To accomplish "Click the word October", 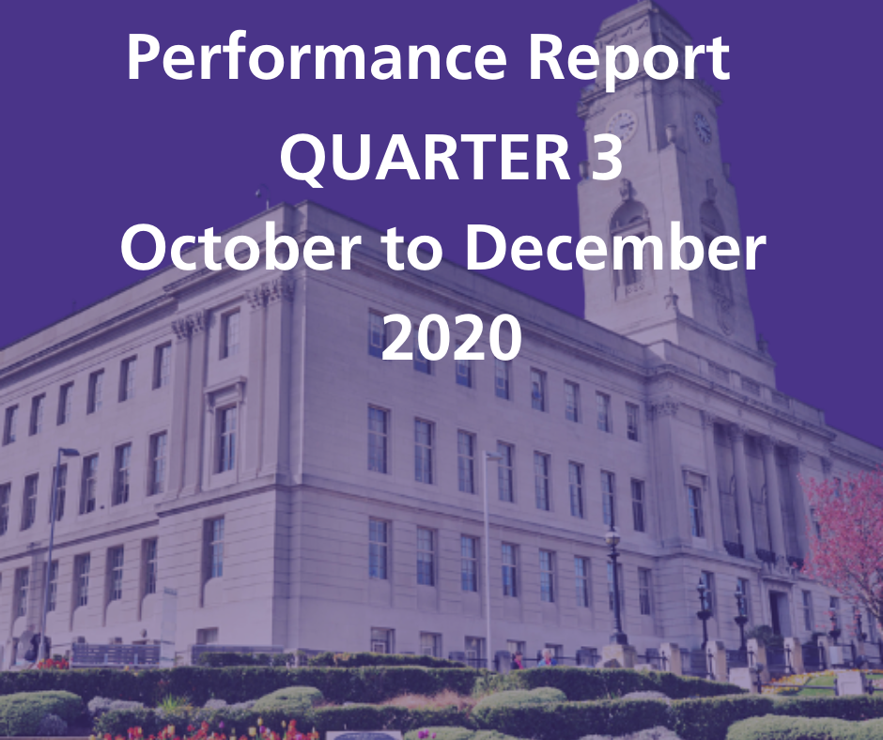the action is pyautogui.click(x=240, y=247).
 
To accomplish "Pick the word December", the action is pyautogui.click(x=615, y=247).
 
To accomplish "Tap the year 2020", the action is pyautogui.click(x=451, y=337).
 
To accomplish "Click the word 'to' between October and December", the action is pyautogui.click(x=412, y=250).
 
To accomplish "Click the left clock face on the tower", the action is pyautogui.click(x=622, y=126).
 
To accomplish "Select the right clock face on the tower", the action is pyautogui.click(x=703, y=128).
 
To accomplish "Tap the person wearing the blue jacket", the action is pyautogui.click(x=546, y=658).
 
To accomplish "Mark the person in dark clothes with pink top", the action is pyautogui.click(x=517, y=660).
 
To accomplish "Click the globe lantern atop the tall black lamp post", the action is pyautogui.click(x=612, y=537).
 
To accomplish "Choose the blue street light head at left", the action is pyautogui.click(x=69, y=452).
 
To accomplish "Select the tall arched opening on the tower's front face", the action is pyautogui.click(x=629, y=242).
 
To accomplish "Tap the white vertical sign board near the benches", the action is pyautogui.click(x=168, y=616).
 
